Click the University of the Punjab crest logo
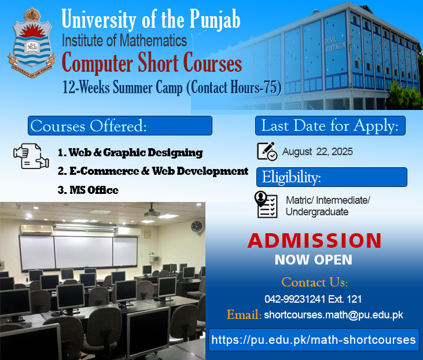32,43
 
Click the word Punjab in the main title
215,20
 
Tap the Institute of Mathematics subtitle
124,41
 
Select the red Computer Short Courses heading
152,63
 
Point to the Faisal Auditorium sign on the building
335,44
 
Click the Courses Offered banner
120,126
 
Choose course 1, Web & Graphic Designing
130,153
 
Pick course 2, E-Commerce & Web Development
153,171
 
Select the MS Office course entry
88,190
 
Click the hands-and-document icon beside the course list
31,156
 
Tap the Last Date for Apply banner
330,126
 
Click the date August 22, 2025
318,152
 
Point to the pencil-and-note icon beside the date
267,152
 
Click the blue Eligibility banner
332,177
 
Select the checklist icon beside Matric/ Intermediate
266,204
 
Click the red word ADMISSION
315,240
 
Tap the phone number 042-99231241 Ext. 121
313,299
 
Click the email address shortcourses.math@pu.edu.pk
334,315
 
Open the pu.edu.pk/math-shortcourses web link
314,340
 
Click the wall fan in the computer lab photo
196,227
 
